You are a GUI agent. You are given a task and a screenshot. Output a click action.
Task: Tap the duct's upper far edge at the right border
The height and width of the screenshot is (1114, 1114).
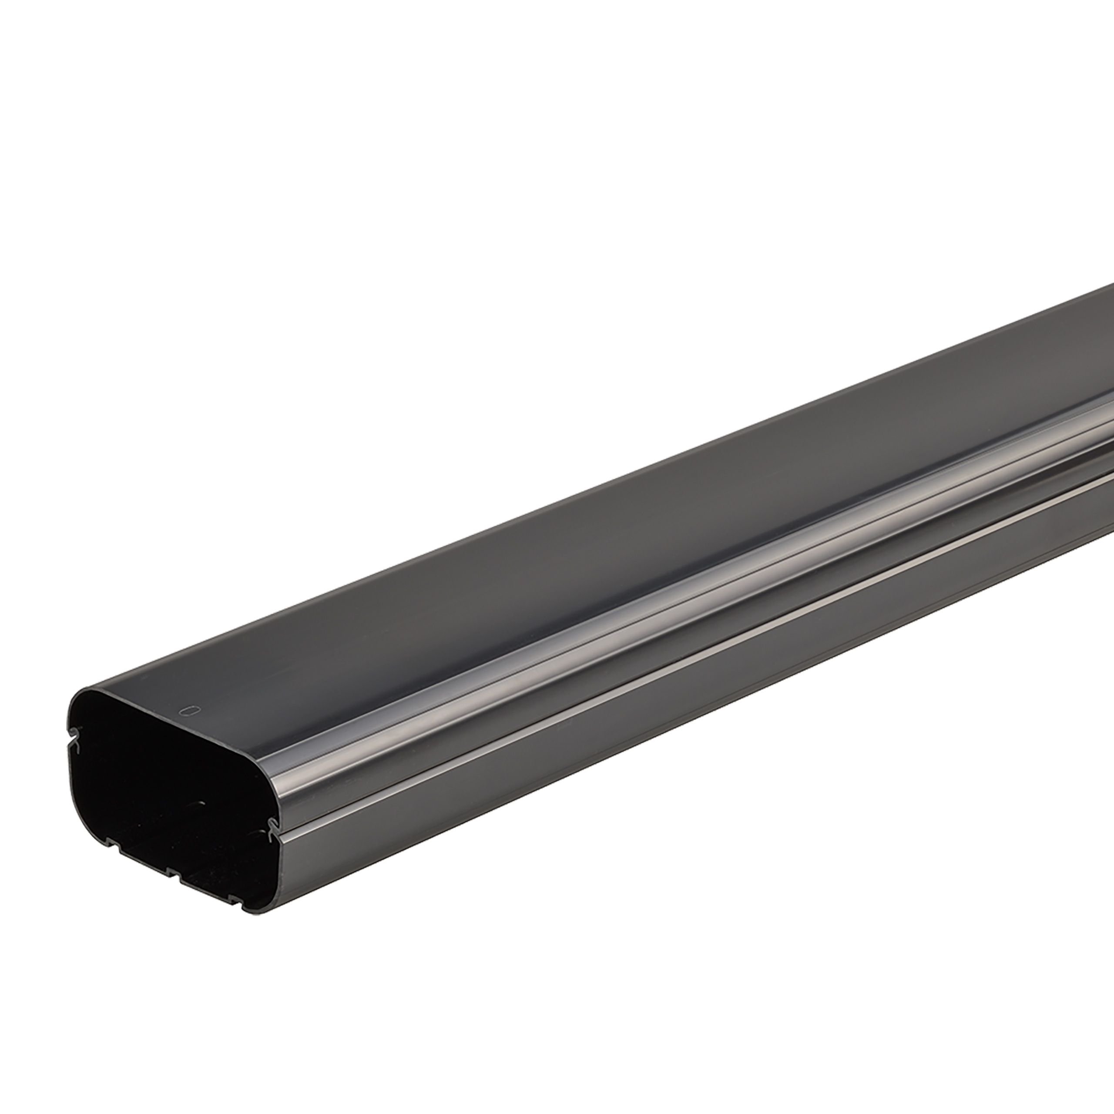[x=1111, y=301]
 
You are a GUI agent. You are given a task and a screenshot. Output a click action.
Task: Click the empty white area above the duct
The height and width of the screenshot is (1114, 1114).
[x=404, y=231]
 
